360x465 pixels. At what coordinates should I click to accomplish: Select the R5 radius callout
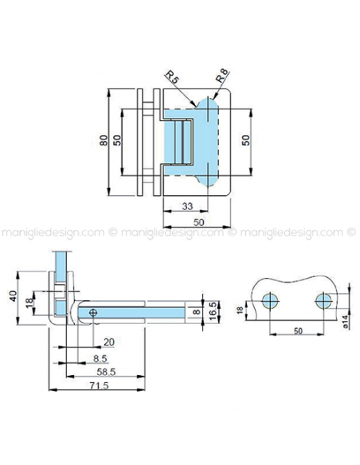(x=171, y=77)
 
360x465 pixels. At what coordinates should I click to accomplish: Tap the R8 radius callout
(x=223, y=78)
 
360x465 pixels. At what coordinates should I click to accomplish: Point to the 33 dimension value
(x=186, y=205)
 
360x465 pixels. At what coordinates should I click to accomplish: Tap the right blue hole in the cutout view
(x=323, y=299)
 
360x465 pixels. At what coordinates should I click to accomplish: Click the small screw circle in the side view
(x=95, y=313)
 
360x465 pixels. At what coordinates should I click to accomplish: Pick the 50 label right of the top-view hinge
(x=246, y=141)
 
